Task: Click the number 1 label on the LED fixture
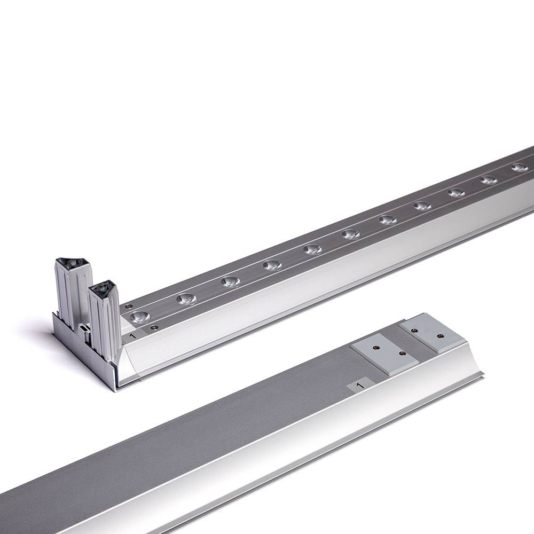133,335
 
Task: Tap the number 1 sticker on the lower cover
359,386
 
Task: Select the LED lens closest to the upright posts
140,316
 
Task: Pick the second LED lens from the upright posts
186,299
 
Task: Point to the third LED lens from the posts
230,281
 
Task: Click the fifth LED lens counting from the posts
313,249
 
